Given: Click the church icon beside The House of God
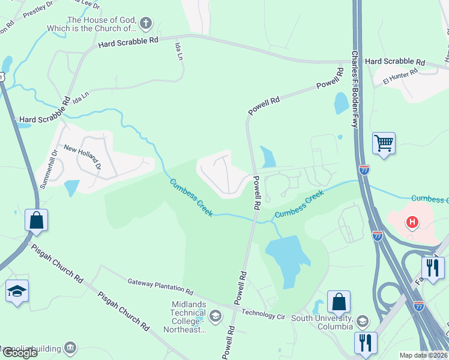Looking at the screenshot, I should [145, 24].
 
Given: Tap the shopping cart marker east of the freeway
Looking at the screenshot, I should [384, 143].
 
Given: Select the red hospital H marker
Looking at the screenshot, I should [412, 223].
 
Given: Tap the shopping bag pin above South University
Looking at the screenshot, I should [339, 302].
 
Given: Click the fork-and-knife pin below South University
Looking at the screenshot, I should [366, 343].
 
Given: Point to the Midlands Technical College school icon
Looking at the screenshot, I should [215, 315].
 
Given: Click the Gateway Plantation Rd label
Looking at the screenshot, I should [160, 287].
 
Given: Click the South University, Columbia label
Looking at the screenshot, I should [322, 322].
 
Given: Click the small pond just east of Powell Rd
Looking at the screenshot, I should [267, 157].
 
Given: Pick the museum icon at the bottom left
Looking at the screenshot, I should [71, 347].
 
